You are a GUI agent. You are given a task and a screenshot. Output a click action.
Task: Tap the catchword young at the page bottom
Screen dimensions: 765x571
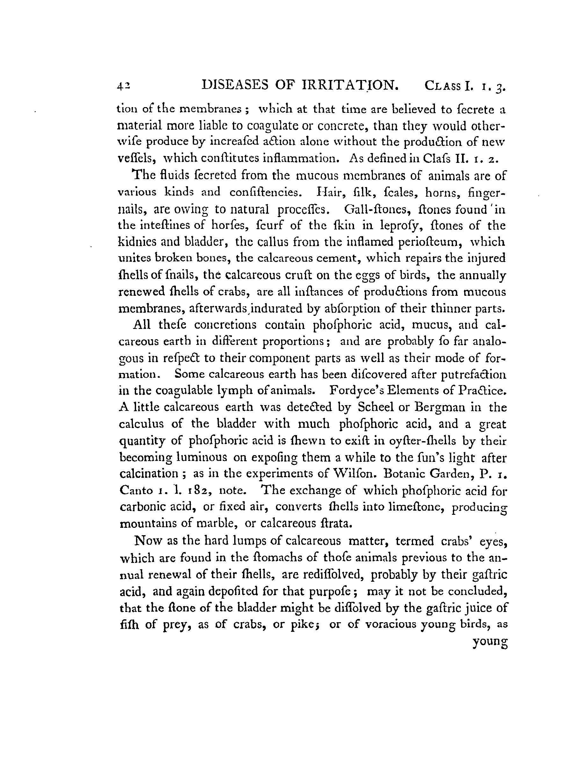coord(490,642)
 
